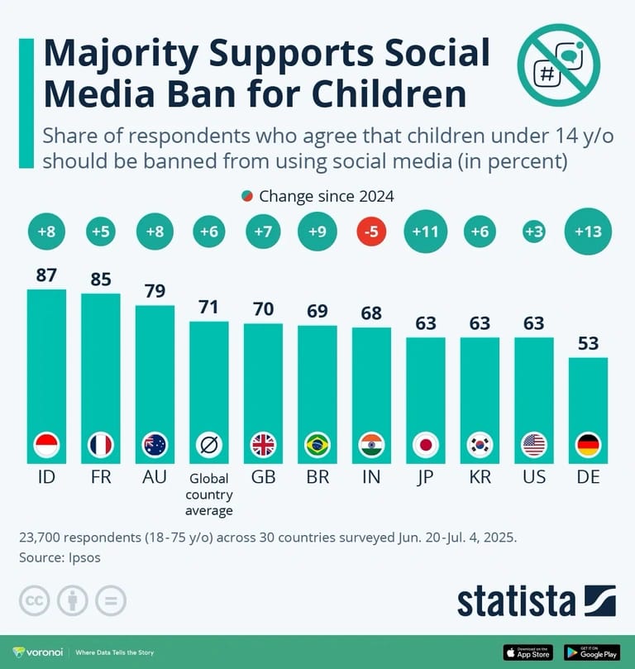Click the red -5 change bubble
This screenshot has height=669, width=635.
click(x=371, y=233)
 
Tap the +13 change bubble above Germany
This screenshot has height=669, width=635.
click(x=588, y=233)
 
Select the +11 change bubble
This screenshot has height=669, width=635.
click(x=426, y=233)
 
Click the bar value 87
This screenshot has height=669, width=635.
click(x=46, y=275)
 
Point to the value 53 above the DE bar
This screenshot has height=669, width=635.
click(x=588, y=344)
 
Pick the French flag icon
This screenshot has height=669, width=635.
click(x=100, y=445)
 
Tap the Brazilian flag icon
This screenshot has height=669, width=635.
click(x=317, y=445)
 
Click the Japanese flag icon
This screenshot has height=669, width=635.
click(x=426, y=445)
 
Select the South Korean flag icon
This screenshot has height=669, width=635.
click(x=480, y=445)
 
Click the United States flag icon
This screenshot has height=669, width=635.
click(x=534, y=445)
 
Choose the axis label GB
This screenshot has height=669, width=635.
click(x=263, y=478)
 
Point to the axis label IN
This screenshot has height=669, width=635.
click(x=371, y=478)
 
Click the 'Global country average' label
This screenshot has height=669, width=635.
click(x=208, y=494)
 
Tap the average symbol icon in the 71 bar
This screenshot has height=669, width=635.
click(x=208, y=445)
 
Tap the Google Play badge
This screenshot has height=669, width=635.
click(x=592, y=652)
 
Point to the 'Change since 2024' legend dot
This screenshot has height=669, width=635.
click(x=247, y=197)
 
